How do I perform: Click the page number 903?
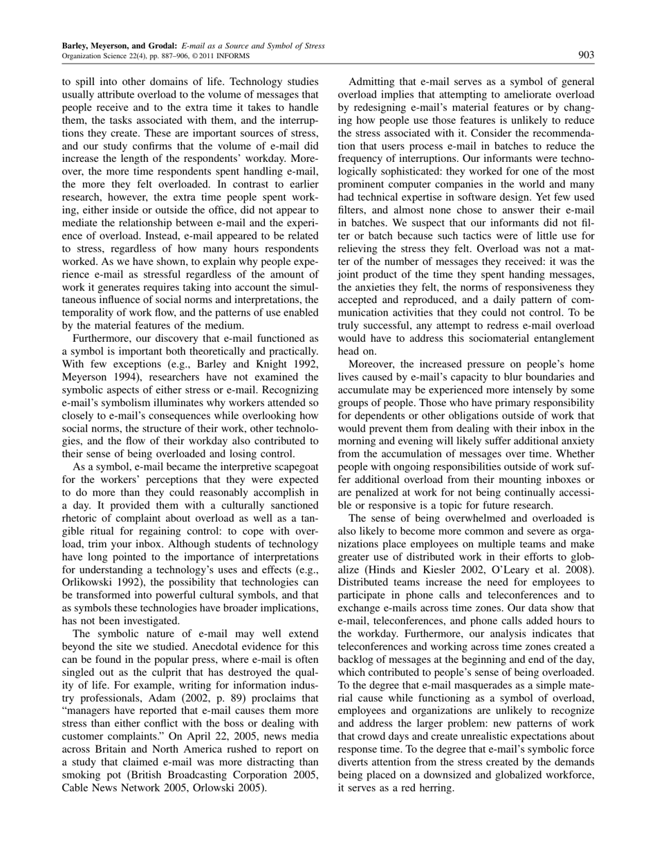(x=586, y=55)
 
